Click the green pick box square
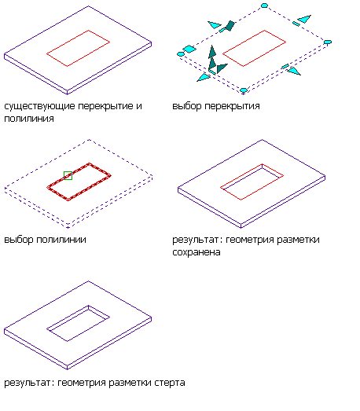[68, 175]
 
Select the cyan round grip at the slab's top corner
[264, 6]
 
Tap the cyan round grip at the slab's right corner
[328, 42]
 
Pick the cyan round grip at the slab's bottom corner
[244, 90]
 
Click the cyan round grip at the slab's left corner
[181, 54]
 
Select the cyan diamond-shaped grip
[189, 49]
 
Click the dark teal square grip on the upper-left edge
[230, 26]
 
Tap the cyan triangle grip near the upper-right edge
[304, 19]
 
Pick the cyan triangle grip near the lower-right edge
[294, 71]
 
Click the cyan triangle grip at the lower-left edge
[204, 78]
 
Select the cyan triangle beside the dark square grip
[215, 25]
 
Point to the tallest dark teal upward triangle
[212, 51]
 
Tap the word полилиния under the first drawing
[29, 119]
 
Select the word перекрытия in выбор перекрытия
[232, 106]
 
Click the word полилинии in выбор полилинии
[61, 240]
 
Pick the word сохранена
[197, 252]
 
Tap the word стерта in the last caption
[169, 383]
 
